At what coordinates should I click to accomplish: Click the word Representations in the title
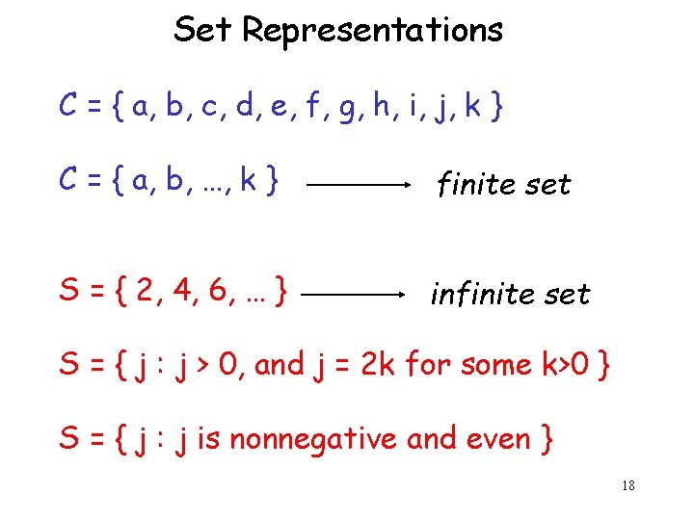click(372, 30)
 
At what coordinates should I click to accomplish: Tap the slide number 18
click(627, 486)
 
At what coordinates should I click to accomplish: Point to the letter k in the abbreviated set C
click(249, 179)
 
